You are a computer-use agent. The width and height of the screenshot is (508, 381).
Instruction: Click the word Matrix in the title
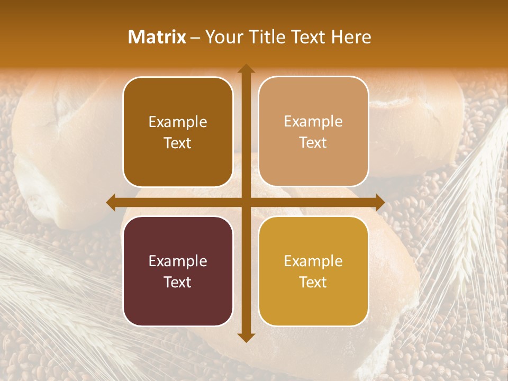157,37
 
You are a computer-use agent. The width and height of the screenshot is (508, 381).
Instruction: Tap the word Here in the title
351,37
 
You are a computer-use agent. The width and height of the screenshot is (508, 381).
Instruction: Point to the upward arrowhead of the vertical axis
246,69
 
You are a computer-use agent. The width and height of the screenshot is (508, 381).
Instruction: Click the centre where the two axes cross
246,202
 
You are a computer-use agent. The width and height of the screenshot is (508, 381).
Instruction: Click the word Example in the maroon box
178,261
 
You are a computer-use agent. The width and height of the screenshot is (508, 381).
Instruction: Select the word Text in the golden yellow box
313,282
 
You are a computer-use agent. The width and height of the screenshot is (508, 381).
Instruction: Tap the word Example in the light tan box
313,122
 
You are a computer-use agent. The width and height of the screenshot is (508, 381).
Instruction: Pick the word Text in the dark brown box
178,143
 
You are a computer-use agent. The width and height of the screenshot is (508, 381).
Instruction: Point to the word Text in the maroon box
178,282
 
